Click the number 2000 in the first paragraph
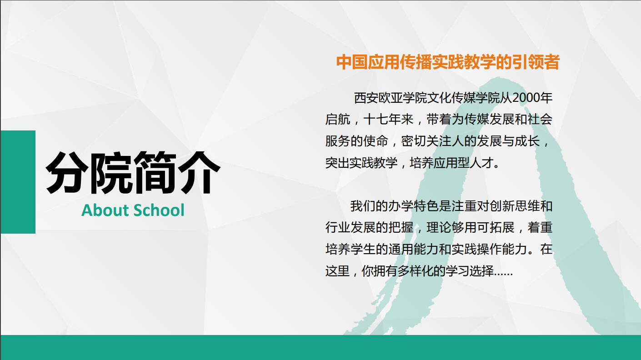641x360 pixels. coord(526,98)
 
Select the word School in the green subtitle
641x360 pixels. coord(159,210)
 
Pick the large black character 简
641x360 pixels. coord(155,173)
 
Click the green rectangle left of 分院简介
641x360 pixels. coord(18,182)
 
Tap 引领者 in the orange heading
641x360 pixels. coord(536,62)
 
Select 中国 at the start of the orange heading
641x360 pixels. coord(352,62)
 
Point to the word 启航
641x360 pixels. coord(338,120)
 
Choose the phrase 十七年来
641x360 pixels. coord(389,120)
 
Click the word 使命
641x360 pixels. coord(376,141)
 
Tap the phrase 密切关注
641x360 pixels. coord(426,141)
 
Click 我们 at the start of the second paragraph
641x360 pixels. coord(363,206)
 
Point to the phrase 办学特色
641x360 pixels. coord(413,206)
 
